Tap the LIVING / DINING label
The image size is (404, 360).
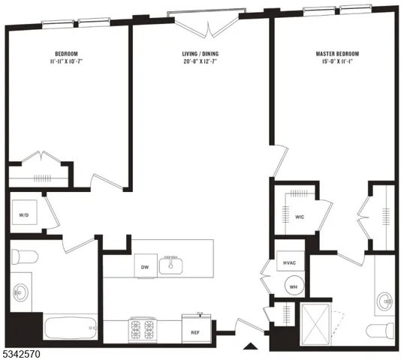coord(200,54)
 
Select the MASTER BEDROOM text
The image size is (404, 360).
coord(337,54)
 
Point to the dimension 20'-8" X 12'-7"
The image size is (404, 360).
coord(200,63)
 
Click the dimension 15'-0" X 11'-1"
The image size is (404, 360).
coord(337,63)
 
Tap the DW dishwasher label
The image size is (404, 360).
coord(145,265)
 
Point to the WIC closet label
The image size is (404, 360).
coord(299,217)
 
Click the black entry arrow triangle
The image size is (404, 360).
coord(252,346)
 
